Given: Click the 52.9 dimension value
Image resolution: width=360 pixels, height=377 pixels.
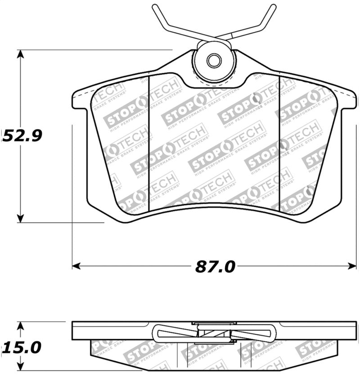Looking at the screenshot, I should tap(22, 135).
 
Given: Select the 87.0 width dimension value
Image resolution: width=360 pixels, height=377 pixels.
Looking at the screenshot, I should tap(215, 266).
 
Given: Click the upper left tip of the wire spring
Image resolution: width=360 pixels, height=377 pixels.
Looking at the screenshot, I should tap(154, 7).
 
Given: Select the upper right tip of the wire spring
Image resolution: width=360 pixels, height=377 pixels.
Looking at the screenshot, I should tap(273, 6).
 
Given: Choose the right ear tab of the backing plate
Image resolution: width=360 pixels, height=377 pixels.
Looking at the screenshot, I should tap(347, 100).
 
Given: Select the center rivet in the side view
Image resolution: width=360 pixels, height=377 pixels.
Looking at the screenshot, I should tap(214, 333).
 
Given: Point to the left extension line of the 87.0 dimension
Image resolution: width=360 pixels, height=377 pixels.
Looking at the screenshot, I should tap(72, 189).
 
